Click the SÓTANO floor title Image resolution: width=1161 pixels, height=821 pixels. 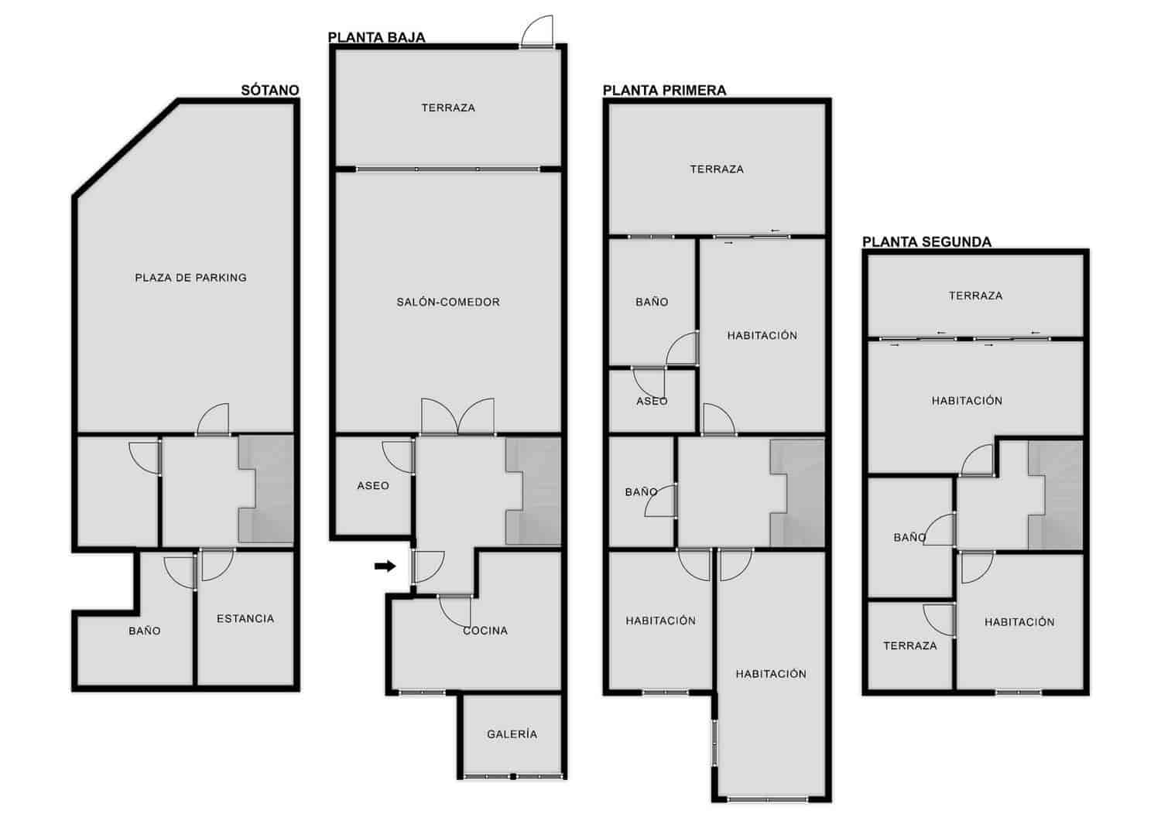(269, 91)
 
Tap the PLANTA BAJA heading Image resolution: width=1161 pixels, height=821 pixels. (376, 37)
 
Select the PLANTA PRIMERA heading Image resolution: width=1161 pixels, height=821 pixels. (664, 91)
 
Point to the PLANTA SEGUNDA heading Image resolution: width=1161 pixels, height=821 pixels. (926, 242)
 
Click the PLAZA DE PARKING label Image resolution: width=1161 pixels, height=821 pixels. (190, 278)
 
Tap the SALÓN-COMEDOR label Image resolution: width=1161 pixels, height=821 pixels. (448, 303)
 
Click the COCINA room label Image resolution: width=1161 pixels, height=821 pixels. (485, 631)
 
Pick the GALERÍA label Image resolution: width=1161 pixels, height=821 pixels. (512, 734)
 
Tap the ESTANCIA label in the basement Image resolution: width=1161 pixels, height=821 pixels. (245, 619)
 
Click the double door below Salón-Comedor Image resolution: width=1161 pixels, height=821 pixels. (457, 418)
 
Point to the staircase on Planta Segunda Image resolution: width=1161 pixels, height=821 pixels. (1055, 495)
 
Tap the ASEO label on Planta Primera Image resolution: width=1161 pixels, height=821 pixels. (652, 402)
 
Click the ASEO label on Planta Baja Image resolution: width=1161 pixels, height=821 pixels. (373, 486)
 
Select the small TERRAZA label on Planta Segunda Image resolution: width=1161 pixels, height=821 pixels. (909, 646)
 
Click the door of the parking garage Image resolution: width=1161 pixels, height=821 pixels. (214, 420)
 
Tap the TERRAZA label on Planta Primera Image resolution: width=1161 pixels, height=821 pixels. (717, 169)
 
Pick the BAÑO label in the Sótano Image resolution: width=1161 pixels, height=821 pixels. (145, 631)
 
